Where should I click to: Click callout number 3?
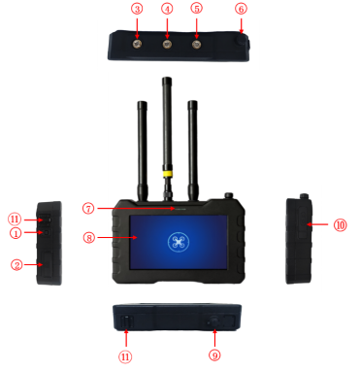click(x=137, y=9)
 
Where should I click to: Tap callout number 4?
click(x=167, y=9)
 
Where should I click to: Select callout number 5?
click(x=197, y=9)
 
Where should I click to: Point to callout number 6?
click(x=241, y=9)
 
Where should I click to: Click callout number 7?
click(x=88, y=208)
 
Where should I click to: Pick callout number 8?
click(x=88, y=236)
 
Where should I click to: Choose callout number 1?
click(x=16, y=233)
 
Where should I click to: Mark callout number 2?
click(x=16, y=264)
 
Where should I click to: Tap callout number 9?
click(x=214, y=355)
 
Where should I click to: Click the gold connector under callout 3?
click(x=137, y=43)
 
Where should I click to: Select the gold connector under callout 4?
click(x=167, y=44)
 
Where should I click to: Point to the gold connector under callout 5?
click(x=197, y=44)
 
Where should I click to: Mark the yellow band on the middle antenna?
click(x=167, y=175)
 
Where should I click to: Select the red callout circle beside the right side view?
click(x=340, y=225)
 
